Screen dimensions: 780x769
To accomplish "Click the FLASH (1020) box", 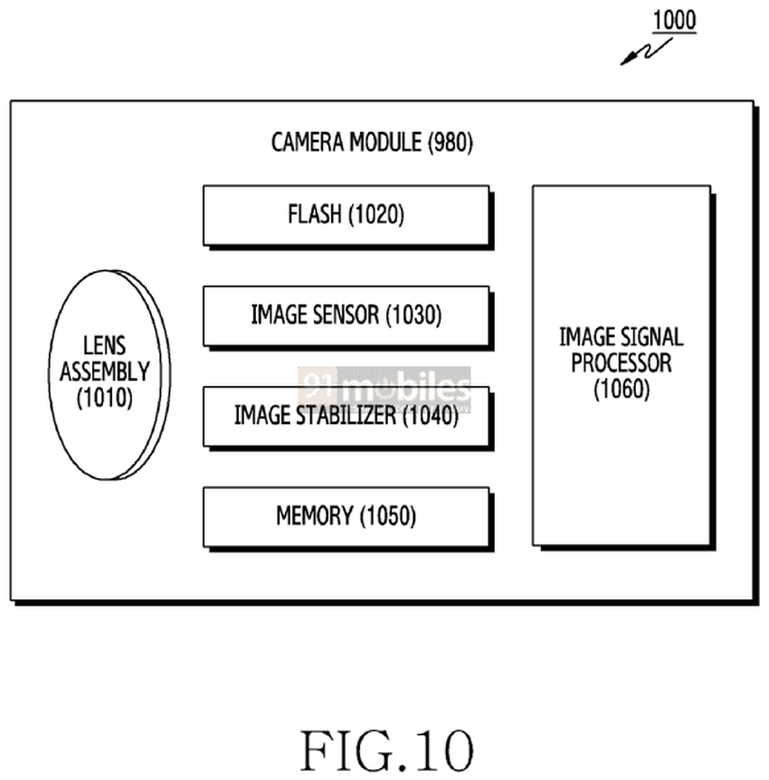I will click(x=346, y=215).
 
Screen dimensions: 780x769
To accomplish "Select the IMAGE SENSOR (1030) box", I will click(x=346, y=315).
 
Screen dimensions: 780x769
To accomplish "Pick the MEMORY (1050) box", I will click(x=346, y=516).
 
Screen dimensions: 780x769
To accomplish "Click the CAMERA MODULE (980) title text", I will click(x=372, y=143).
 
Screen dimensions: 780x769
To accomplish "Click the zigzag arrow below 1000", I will click(x=640, y=54).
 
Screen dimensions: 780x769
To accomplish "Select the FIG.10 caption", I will click(x=386, y=749).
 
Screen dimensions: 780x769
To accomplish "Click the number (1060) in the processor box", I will click(x=622, y=390).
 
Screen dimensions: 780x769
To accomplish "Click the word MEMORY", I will click(x=314, y=516).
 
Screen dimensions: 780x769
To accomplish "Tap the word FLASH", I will click(x=314, y=215).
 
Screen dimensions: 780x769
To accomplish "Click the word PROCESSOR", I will click(x=622, y=364).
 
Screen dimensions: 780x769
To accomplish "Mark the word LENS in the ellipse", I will click(x=105, y=345).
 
